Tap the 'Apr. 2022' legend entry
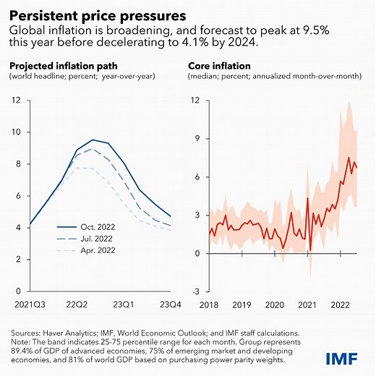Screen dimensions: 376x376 point(90,250)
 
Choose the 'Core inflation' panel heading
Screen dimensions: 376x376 point(218,65)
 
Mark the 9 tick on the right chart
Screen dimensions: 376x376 point(195,138)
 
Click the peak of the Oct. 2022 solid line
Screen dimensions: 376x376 point(93,140)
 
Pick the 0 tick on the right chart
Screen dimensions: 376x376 point(195,253)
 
